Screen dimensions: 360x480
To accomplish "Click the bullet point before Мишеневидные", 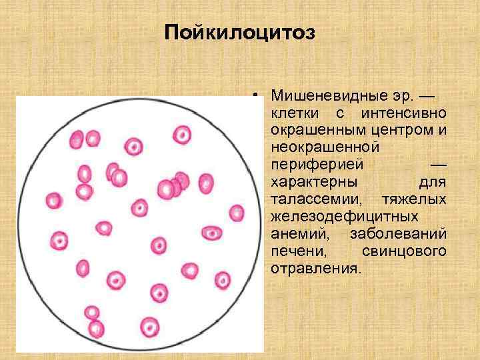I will (x=255, y=96).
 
